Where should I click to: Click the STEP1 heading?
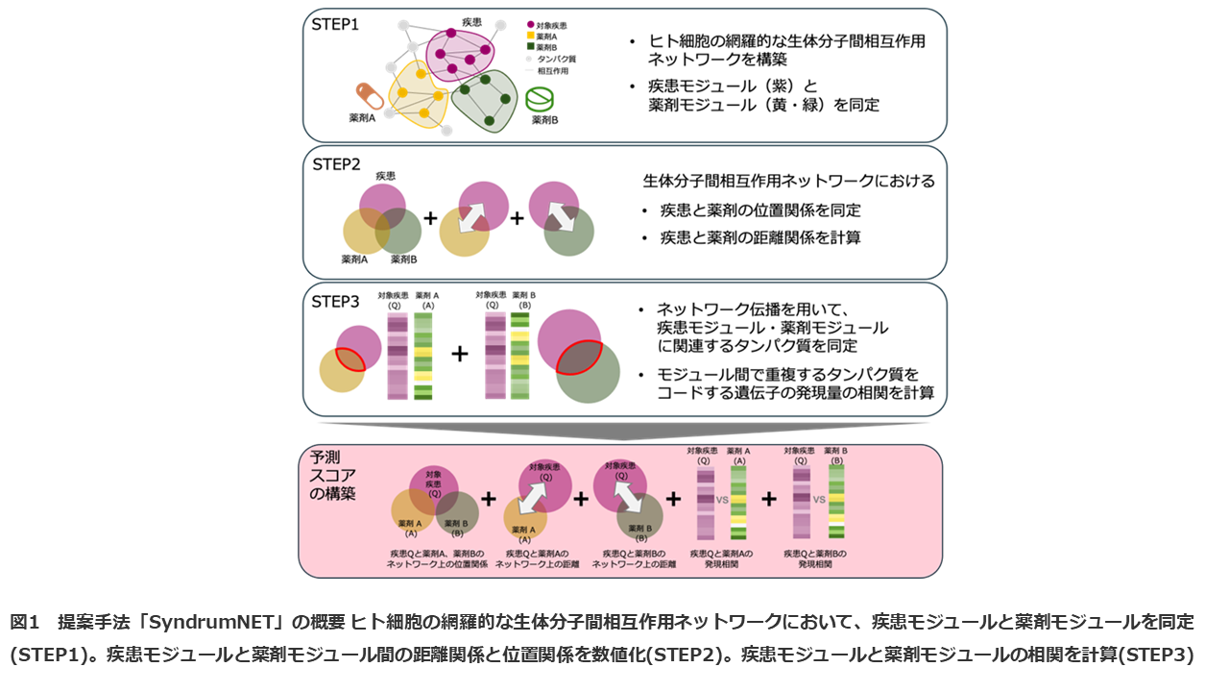click(335, 24)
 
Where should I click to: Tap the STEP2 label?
click(336, 163)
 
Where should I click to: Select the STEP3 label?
click(336, 301)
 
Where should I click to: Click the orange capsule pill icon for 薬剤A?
click(370, 96)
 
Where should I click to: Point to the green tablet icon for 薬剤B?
click(541, 98)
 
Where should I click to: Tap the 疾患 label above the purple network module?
click(472, 20)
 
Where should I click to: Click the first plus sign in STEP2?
click(430, 218)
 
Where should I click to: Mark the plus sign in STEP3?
click(460, 354)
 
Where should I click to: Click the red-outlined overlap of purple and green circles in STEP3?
click(579, 358)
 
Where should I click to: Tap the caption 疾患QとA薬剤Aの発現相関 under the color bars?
click(721, 559)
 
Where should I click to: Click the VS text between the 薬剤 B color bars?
click(820, 500)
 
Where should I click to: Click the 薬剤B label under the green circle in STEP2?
click(402, 259)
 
